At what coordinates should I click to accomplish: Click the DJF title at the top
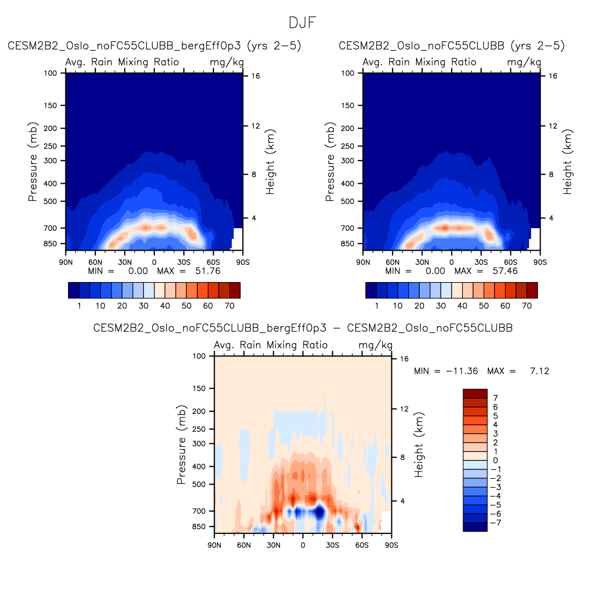click(302, 23)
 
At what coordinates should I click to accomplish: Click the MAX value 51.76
click(208, 271)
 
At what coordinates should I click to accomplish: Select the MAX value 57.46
click(505, 271)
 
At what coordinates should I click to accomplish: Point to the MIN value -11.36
click(462, 371)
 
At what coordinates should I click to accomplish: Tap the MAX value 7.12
click(540, 371)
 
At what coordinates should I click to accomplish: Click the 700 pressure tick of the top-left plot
click(50, 228)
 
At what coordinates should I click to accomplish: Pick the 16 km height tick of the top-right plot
click(553, 76)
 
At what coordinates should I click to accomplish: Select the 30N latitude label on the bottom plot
click(273, 545)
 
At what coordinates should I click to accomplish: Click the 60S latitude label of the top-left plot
click(213, 262)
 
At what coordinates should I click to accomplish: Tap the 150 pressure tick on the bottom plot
click(199, 389)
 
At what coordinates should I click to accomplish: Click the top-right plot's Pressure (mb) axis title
click(330, 162)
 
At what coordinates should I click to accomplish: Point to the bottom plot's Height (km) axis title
click(419, 445)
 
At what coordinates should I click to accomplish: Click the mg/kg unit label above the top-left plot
click(227, 62)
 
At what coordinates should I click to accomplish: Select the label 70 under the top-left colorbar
click(229, 306)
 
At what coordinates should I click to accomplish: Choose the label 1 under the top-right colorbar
click(376, 306)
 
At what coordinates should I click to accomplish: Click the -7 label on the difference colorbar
click(495, 523)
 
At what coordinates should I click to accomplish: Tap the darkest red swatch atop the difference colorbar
click(475, 394)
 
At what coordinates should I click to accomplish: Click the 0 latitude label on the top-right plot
click(451, 262)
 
